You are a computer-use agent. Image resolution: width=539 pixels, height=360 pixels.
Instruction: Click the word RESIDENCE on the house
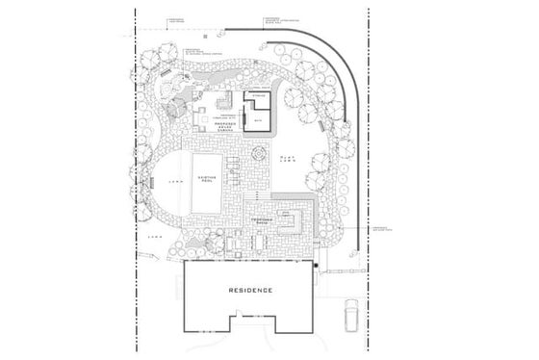[x=250, y=290]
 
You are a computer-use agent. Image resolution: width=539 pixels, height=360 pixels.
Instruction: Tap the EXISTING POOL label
[x=205, y=182]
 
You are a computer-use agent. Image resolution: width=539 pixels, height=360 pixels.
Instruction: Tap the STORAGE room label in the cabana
[x=258, y=96]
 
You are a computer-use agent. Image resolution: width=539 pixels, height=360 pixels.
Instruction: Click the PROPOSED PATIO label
[x=264, y=220]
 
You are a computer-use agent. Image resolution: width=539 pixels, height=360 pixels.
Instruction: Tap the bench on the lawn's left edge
[x=151, y=181]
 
